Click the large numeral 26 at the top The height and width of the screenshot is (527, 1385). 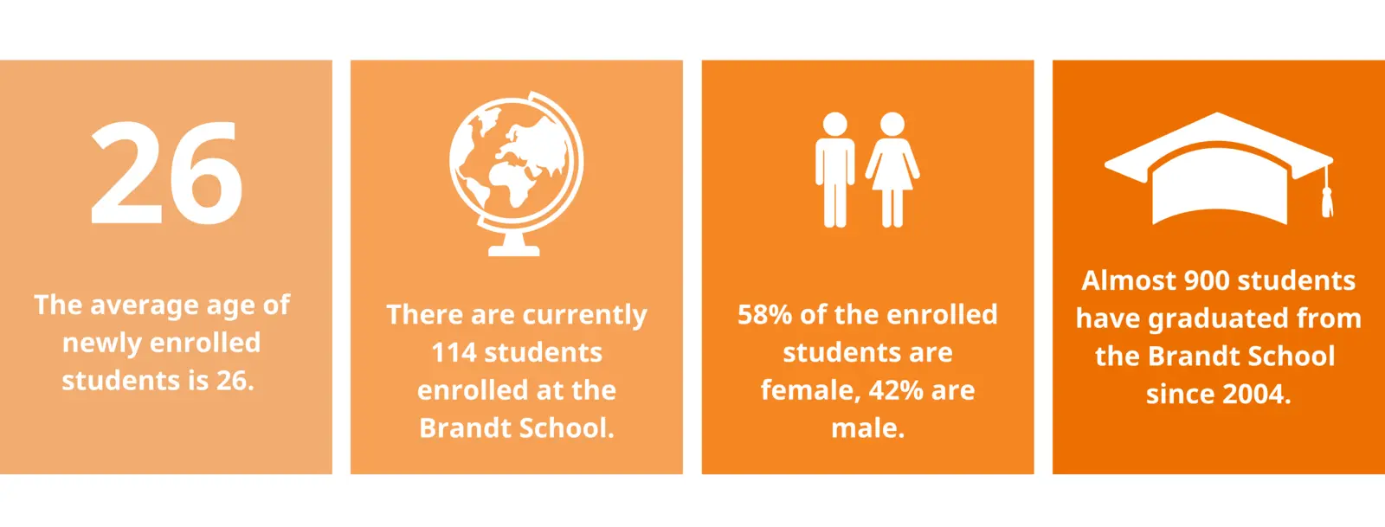coord(165,172)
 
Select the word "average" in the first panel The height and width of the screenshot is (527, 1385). coord(144,305)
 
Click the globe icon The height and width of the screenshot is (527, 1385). coord(516,174)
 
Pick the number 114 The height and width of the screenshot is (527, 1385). coord(454,353)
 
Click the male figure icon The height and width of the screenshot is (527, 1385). coord(834,170)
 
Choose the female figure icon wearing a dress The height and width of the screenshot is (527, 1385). coord(892,170)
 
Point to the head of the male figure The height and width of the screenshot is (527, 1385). coord(834,124)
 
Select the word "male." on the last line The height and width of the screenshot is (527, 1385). coord(867,428)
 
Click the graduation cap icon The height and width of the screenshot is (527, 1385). coord(1219,169)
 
